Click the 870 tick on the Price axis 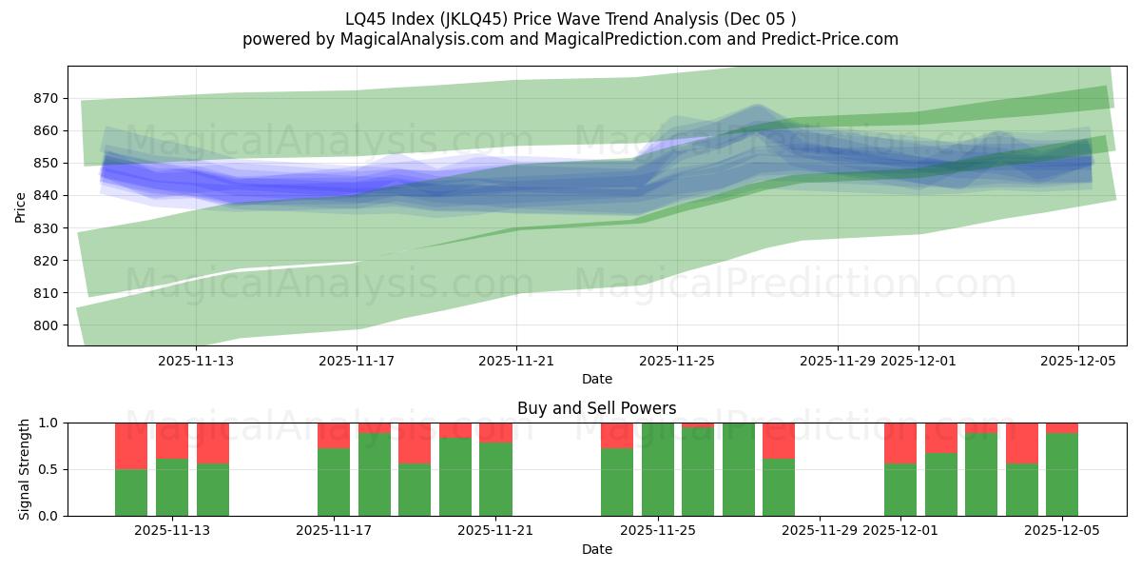click(x=47, y=98)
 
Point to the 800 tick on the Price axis click(x=47, y=325)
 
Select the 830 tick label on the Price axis click(x=47, y=228)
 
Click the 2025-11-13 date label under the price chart click(x=195, y=362)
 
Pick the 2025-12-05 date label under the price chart click(x=1077, y=362)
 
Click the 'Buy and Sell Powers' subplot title click(x=596, y=408)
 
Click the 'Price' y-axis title click(x=21, y=207)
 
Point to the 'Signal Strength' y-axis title click(x=25, y=469)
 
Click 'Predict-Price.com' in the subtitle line click(x=830, y=39)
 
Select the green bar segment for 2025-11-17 click(x=334, y=482)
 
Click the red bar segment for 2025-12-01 click(x=899, y=443)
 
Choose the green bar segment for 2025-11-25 click(x=657, y=469)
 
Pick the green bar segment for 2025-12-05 click(x=1062, y=474)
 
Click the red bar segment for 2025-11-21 click(x=495, y=432)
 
